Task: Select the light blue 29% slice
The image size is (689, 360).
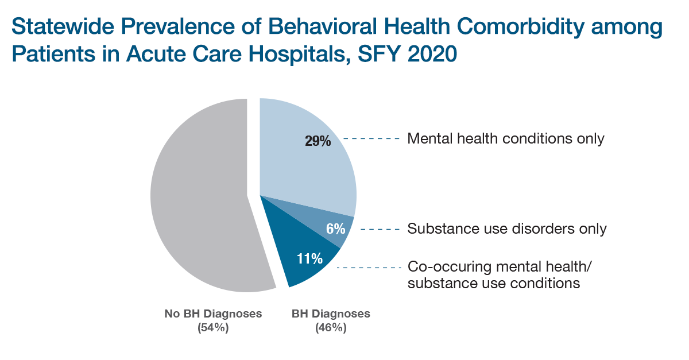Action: (304, 161)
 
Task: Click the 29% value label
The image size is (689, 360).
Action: (318, 141)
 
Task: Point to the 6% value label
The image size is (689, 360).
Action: (335, 229)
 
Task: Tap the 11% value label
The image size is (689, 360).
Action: (309, 259)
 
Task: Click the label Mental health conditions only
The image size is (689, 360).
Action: (505, 139)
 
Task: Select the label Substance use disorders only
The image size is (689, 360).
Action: (506, 229)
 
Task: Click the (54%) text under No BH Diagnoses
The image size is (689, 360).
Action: (213, 328)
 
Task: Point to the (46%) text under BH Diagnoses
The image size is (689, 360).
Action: (331, 328)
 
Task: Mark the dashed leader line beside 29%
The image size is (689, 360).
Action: (371, 139)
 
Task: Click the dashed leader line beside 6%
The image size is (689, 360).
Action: (380, 229)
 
